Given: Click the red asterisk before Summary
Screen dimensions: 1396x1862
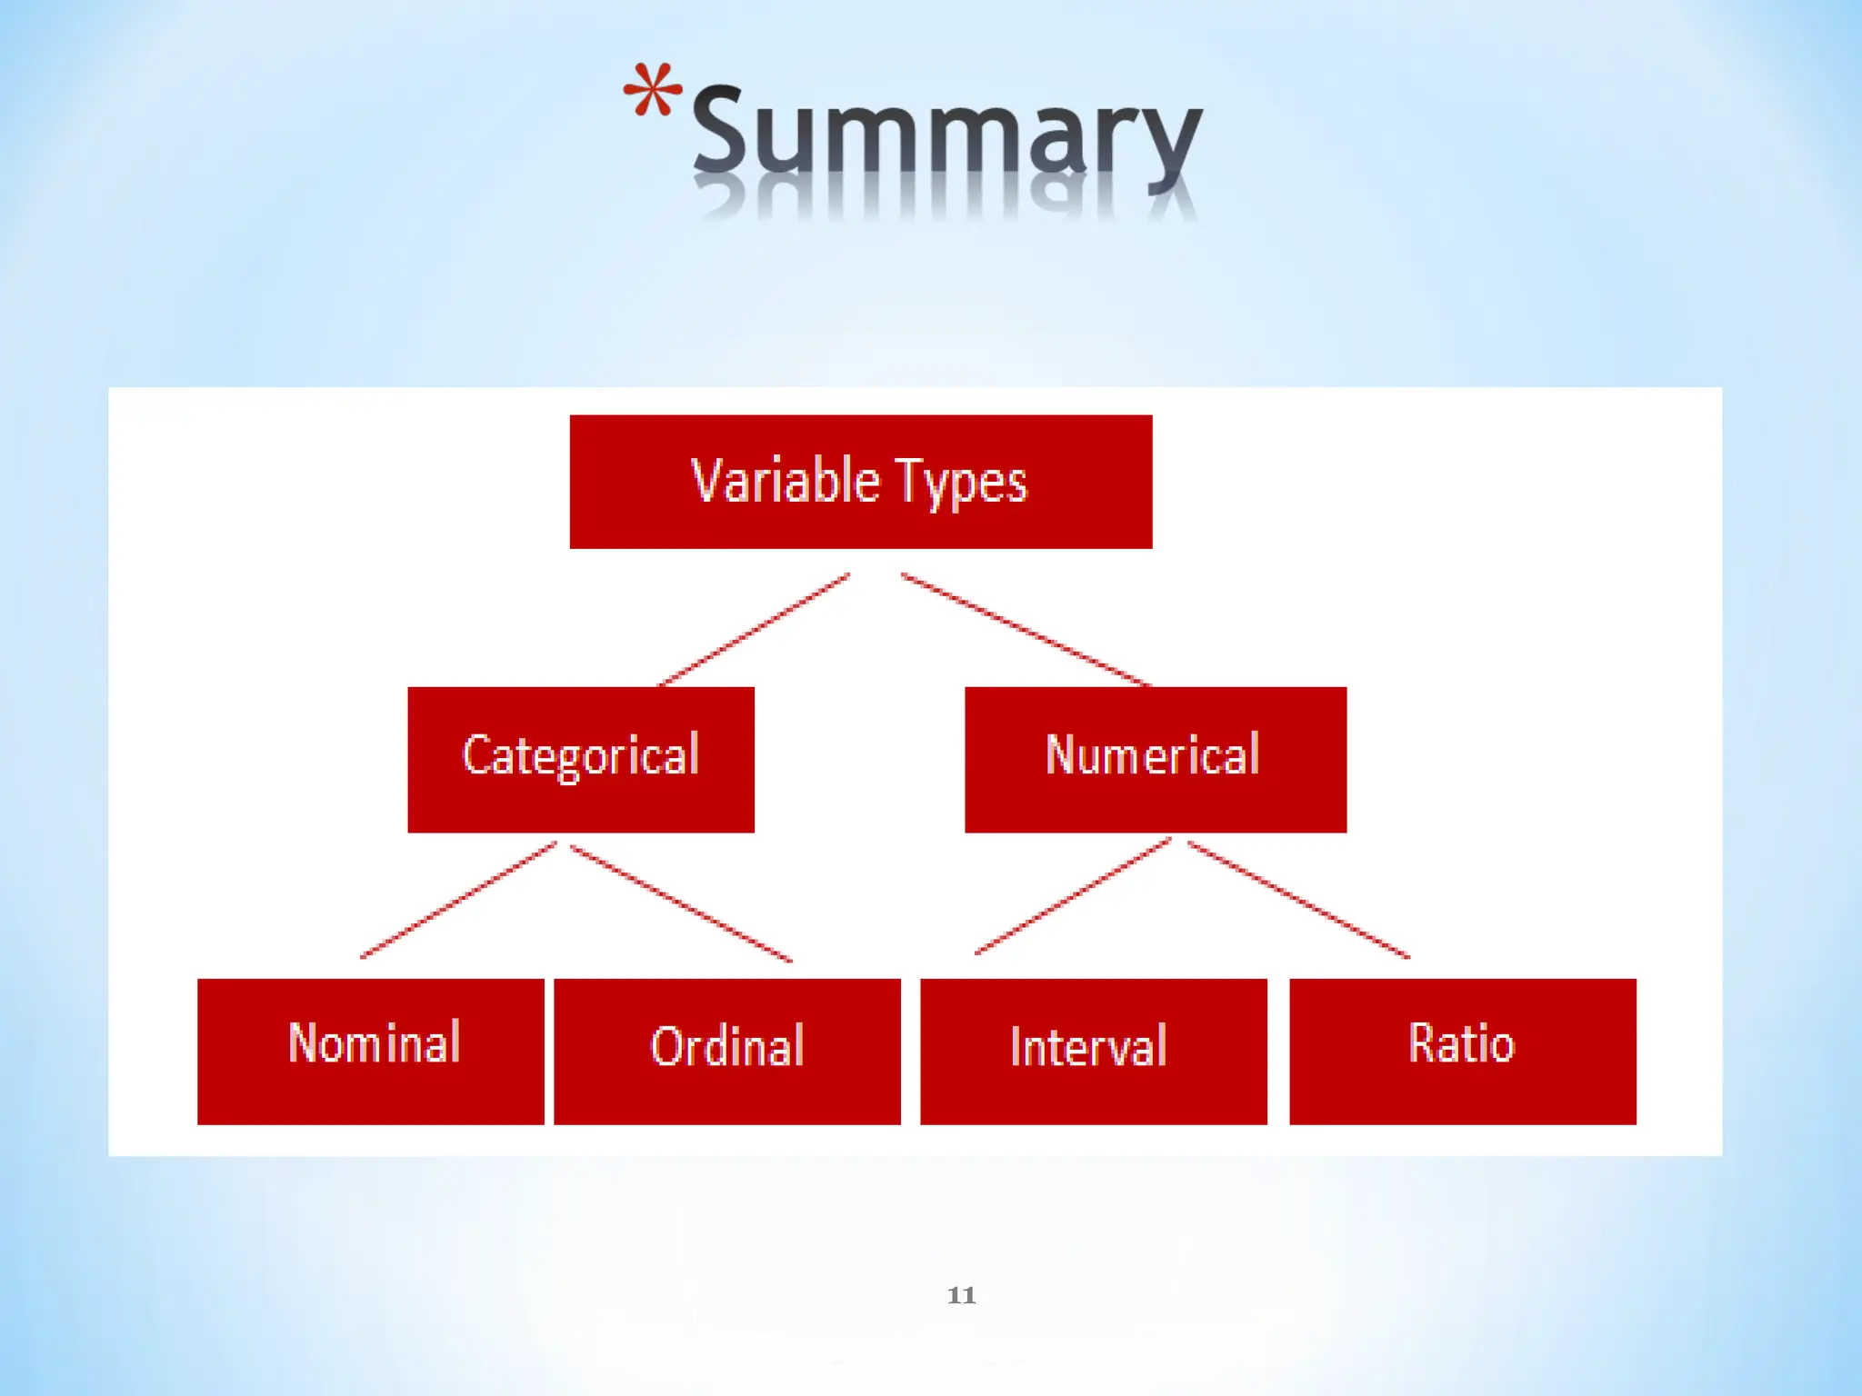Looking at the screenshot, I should [x=652, y=90].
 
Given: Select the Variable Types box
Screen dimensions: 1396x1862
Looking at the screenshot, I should [x=860, y=482].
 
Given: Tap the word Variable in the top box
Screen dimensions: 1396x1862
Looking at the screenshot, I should [x=786, y=481].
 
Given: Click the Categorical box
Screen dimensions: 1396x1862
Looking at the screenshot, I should [x=580, y=759].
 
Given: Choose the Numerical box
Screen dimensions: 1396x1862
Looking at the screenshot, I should [x=1155, y=759].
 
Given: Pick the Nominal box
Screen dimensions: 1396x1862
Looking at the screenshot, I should [x=370, y=1051].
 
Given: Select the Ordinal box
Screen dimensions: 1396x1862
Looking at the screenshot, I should [x=726, y=1051].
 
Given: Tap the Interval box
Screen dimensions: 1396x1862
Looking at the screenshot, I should [x=1093, y=1051].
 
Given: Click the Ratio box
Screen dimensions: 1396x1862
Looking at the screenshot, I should [x=1462, y=1051].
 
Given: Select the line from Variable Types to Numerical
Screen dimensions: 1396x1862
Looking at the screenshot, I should [x=1026, y=629].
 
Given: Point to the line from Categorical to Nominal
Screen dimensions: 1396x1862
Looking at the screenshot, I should [x=458, y=900].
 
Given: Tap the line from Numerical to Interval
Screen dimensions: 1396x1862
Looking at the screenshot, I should [x=1073, y=897].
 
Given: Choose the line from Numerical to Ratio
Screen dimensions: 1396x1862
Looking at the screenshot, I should [x=1299, y=900].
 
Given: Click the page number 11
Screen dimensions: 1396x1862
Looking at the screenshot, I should [x=961, y=1295].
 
